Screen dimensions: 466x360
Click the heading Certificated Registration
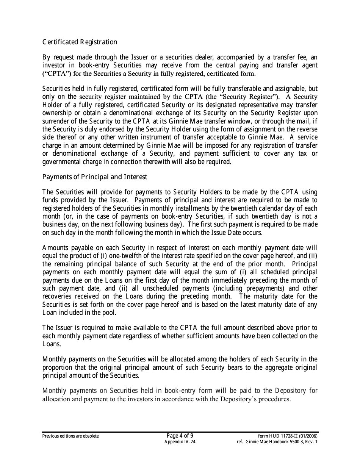[80, 42]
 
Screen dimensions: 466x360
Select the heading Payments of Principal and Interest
[95, 177]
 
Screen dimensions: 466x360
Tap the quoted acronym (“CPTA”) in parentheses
[55, 73]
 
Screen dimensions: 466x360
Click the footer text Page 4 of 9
[180, 435]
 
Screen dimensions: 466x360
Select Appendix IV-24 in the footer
[180, 442]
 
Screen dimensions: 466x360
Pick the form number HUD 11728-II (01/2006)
[288, 436]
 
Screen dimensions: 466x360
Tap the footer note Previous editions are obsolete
[71, 436]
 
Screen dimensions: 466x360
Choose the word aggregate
[277, 367]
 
